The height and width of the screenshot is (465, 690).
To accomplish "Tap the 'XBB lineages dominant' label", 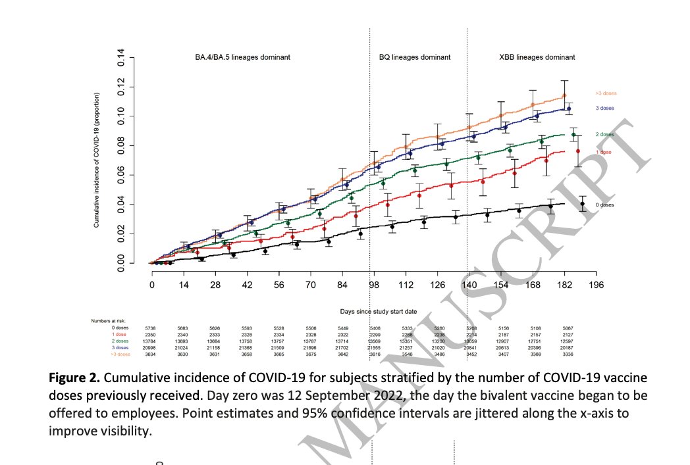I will coord(538,57).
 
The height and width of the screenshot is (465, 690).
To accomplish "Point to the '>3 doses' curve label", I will coord(605,93).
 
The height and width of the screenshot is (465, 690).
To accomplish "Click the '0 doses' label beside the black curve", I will coord(604,205).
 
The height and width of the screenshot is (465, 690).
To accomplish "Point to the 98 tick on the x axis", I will coord(375,285).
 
